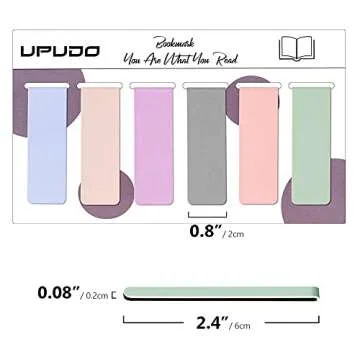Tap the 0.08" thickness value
(x=58, y=293)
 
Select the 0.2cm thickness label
(x=98, y=295)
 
